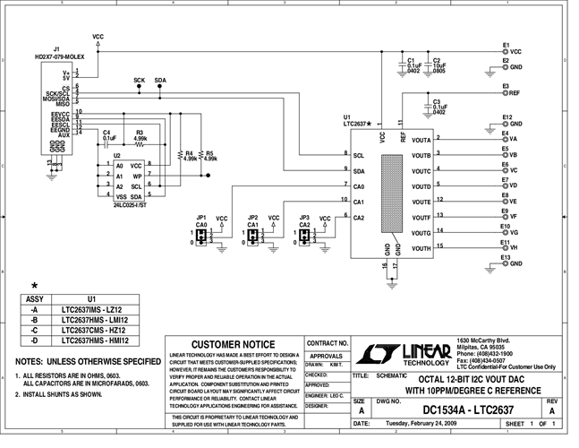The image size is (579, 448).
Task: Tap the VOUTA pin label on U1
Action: coord(421,141)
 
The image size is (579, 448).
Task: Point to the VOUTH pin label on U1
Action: coord(421,248)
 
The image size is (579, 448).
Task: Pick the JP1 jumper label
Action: coord(201,218)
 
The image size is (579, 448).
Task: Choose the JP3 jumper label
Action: coord(304,218)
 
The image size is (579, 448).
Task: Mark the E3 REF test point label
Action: coord(507,87)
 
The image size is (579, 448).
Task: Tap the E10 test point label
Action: coord(507,227)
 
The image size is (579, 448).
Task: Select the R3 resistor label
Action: coord(140,133)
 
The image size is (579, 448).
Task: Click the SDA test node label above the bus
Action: coord(160,80)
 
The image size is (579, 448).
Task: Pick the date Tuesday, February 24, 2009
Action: coord(412,424)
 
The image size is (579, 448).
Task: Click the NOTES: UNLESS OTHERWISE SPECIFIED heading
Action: coord(87,361)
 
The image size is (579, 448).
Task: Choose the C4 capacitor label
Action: coord(106,133)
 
